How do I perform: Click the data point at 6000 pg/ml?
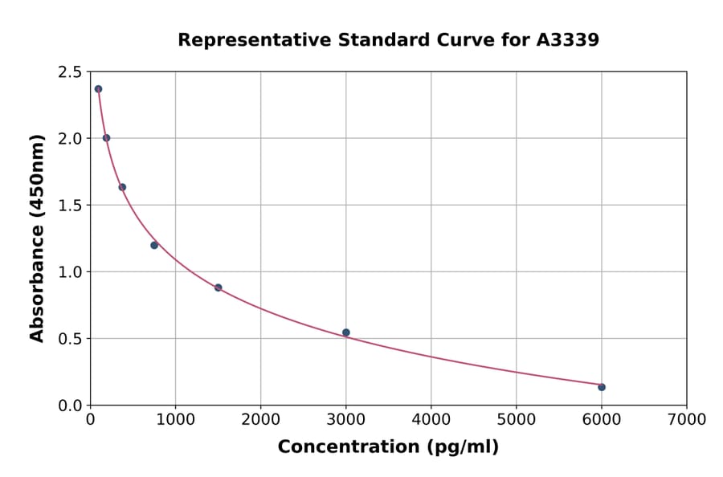tap(601, 387)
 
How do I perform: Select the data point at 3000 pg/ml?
tap(345, 332)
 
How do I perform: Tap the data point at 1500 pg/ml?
tap(218, 287)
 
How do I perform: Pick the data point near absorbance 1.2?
tap(154, 245)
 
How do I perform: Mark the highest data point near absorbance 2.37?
tap(98, 89)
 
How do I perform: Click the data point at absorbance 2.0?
tap(106, 138)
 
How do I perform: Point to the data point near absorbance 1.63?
tap(122, 187)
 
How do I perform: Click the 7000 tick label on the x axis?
tap(686, 419)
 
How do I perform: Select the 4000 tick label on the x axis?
tap(431, 419)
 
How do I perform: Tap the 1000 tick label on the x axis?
tap(175, 419)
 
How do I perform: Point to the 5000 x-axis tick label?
tap(516, 419)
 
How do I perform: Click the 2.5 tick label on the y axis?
tap(70, 72)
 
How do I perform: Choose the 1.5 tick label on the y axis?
tap(70, 206)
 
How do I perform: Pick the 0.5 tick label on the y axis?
tap(70, 339)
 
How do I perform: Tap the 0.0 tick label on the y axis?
tap(70, 406)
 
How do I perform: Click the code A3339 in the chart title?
tap(567, 40)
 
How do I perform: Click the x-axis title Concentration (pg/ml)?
tap(388, 447)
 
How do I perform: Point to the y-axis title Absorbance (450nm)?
tap(37, 238)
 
